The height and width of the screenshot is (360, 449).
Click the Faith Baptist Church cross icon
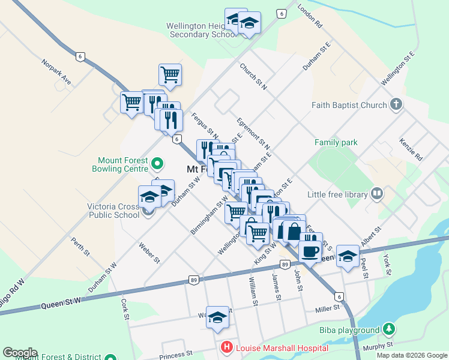click(x=395, y=105)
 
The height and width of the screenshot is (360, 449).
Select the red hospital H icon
click(x=226, y=348)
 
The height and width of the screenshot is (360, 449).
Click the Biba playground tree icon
click(x=389, y=329)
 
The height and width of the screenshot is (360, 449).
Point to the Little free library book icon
click(x=377, y=194)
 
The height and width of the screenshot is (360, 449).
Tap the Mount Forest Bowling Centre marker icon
click(x=157, y=163)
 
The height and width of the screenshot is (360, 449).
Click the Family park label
click(x=336, y=142)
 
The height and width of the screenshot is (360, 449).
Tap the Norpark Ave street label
click(x=56, y=71)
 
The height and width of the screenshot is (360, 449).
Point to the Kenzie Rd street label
click(x=411, y=150)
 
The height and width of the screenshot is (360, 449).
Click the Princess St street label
click(x=175, y=355)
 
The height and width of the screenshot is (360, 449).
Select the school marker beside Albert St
click(x=348, y=256)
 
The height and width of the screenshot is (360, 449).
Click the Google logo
click(x=20, y=353)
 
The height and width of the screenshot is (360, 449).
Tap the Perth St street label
click(x=80, y=246)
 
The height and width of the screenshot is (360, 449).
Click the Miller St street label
click(x=327, y=308)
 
